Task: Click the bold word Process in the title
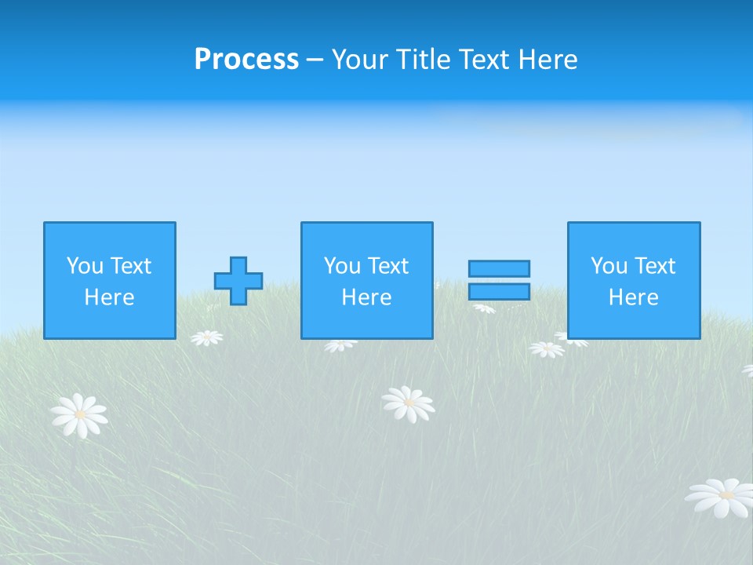(x=246, y=60)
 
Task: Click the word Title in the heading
(x=420, y=60)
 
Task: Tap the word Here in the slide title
(x=547, y=60)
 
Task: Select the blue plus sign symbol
(x=238, y=281)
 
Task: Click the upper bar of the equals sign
(x=499, y=269)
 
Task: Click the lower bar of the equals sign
(x=499, y=291)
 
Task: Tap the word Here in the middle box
(x=366, y=297)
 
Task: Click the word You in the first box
(x=84, y=266)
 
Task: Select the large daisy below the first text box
(x=78, y=414)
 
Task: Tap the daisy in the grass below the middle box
(x=408, y=403)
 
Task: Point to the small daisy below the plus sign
(x=207, y=337)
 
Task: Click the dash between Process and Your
(x=315, y=60)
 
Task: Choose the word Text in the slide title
(x=480, y=60)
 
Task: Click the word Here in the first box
(x=110, y=297)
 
